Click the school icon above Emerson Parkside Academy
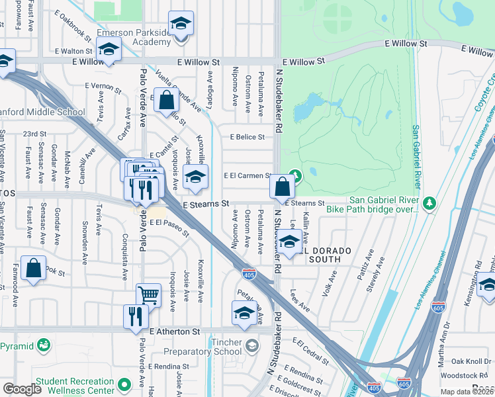click(181, 24)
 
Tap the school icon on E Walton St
click(109, 48)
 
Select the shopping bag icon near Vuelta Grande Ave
click(167, 101)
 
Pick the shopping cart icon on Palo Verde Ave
click(148, 294)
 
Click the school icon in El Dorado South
click(289, 242)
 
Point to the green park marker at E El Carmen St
click(295, 176)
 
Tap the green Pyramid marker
click(44, 345)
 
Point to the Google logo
click(22, 389)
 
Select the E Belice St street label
click(247, 137)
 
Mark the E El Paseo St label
click(169, 228)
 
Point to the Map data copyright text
click(467, 392)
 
